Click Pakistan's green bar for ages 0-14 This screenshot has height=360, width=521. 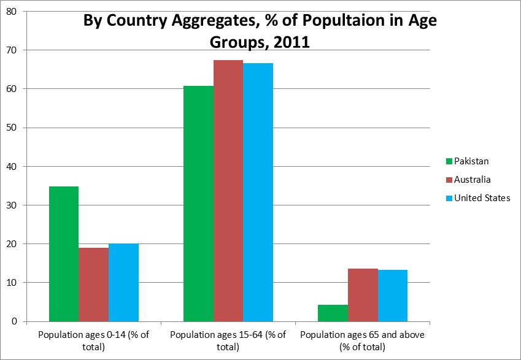pyautogui.click(x=64, y=254)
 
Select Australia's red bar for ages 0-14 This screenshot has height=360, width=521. pyautogui.click(x=94, y=285)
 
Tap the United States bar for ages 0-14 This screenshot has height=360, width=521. pyautogui.click(x=123, y=283)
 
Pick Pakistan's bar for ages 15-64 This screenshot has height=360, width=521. pyautogui.click(x=199, y=204)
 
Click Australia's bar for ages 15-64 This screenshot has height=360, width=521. pyautogui.click(x=228, y=191)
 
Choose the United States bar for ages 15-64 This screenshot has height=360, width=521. pyautogui.click(x=258, y=193)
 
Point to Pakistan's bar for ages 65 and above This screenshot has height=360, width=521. pyautogui.click(x=333, y=313)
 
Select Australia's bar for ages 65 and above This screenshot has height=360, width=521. pyautogui.click(x=363, y=295)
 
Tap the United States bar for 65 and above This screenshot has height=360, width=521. pyautogui.click(x=392, y=296)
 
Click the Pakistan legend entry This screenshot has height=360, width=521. pyautogui.click(x=467, y=161)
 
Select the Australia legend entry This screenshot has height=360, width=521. pyautogui.click(x=468, y=180)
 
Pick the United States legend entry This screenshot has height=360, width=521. pyautogui.click(x=478, y=198)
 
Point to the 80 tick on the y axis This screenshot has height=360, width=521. pyautogui.click(x=11, y=12)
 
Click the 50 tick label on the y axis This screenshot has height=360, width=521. pyautogui.click(x=11, y=128)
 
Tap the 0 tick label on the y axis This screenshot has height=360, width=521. pyautogui.click(x=14, y=321)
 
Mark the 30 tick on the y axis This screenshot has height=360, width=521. pyautogui.click(x=11, y=205)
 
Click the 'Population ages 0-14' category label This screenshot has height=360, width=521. pyautogui.click(x=94, y=341)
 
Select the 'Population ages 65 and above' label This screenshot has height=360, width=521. pyautogui.click(x=363, y=341)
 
